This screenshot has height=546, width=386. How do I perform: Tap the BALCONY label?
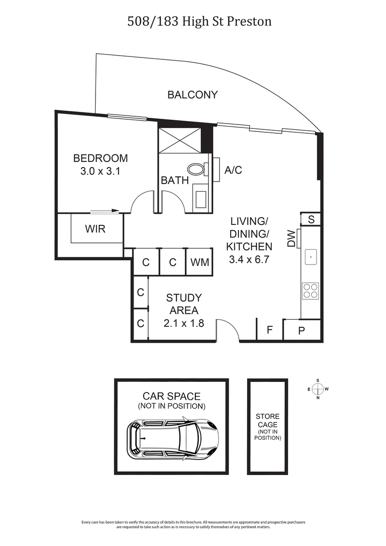tap(193, 95)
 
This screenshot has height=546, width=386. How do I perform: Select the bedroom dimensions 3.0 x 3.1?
tap(100, 171)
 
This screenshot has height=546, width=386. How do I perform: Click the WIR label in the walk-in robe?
tap(95, 229)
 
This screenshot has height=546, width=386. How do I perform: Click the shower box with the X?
tap(179, 140)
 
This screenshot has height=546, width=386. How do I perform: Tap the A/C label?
tap(234, 170)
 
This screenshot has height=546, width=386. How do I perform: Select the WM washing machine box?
tap(200, 262)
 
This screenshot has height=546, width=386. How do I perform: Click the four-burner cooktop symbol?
tap(310, 290)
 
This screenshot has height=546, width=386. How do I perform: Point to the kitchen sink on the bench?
tap(311, 257)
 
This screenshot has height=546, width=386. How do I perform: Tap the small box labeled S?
tap(311, 219)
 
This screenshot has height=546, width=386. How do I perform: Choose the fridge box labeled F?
tap(270, 331)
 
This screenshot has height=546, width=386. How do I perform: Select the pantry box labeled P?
tap(302, 331)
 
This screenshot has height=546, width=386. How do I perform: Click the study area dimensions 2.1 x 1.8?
tap(184, 323)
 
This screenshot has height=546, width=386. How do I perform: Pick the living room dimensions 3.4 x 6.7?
tap(249, 259)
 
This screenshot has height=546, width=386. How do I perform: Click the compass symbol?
tap(318, 389)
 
